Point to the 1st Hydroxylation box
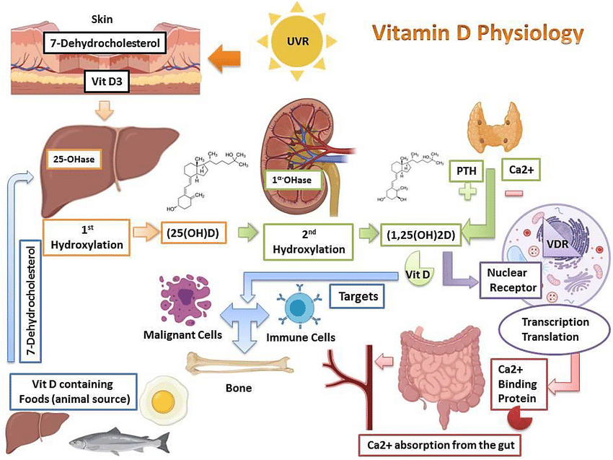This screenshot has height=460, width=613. (x=87, y=238)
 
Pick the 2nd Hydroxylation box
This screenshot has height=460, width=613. (x=309, y=240)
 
